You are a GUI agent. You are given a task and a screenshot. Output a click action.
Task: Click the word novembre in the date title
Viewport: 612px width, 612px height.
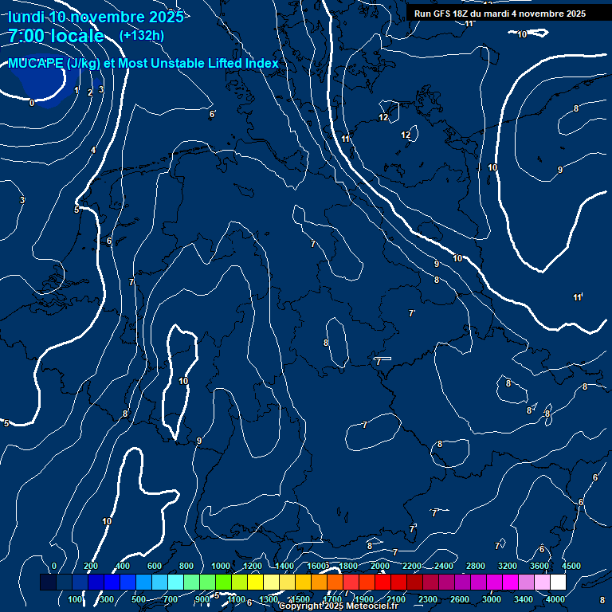107,17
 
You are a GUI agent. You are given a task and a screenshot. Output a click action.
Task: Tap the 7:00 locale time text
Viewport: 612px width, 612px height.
56,36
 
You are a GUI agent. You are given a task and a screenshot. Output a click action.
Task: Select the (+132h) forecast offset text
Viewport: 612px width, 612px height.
142,35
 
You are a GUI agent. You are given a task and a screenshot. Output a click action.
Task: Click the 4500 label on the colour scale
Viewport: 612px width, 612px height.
571,566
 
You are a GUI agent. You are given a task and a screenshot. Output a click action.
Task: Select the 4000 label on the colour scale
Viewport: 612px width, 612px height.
555,599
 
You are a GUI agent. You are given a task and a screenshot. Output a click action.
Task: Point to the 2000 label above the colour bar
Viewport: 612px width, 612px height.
380,566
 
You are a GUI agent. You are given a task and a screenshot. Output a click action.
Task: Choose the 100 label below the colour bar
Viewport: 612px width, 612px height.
76,599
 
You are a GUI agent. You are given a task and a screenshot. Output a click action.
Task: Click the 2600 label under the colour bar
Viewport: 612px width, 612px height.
460,599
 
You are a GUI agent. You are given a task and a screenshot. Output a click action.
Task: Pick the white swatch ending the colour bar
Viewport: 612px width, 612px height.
558,583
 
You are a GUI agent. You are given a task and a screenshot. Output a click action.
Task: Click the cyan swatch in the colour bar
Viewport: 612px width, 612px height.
175,583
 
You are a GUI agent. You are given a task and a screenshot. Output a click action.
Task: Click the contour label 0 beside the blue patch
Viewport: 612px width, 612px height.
32,103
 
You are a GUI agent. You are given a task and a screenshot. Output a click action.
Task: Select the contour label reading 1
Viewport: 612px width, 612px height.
76,91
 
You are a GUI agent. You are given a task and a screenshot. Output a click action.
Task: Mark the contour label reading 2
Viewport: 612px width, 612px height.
89,92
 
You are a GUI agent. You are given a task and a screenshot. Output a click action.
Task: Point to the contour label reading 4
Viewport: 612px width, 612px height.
92,150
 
